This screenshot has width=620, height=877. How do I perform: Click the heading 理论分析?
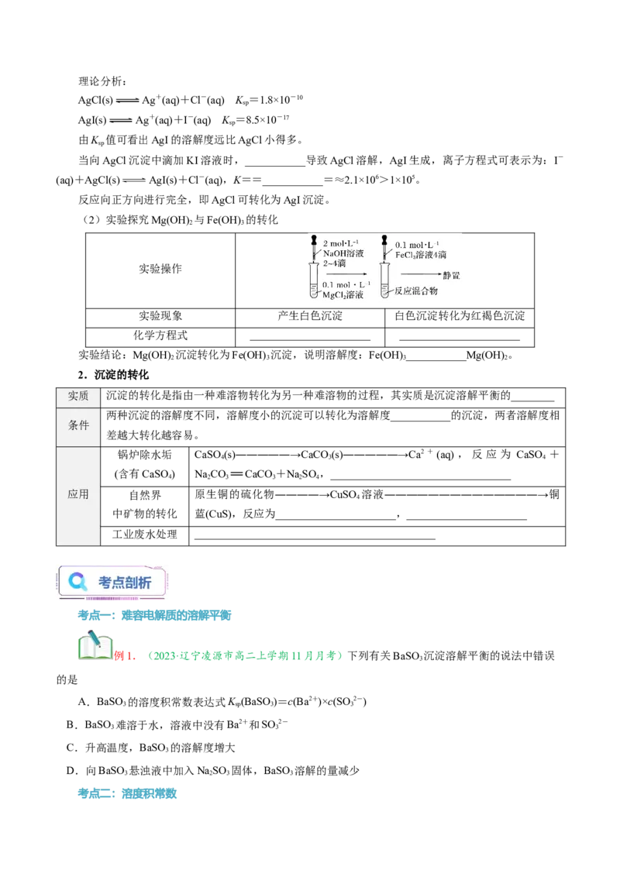click(102, 81)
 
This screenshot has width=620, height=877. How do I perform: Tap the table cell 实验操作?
click(160, 269)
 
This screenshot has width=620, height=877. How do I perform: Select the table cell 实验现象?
click(160, 316)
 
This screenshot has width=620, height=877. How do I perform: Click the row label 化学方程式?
click(160, 335)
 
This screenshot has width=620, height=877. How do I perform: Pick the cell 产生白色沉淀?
click(310, 316)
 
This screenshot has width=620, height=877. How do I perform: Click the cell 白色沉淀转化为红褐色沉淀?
click(460, 316)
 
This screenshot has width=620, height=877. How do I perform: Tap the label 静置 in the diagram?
click(451, 275)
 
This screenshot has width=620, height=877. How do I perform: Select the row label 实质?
click(78, 396)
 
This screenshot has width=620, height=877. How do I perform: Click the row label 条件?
click(78, 425)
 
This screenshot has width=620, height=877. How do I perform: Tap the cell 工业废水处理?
click(144, 535)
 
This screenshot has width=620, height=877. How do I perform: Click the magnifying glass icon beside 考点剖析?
click(77, 582)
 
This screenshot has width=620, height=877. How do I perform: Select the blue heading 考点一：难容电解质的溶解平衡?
click(154, 616)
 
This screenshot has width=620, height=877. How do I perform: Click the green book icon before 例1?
click(95, 645)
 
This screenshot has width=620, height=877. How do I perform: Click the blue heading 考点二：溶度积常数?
click(127, 793)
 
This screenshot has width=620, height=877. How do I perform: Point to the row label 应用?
click(78, 494)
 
